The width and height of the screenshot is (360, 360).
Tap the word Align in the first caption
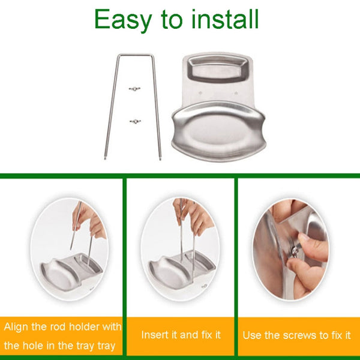coord(17,327)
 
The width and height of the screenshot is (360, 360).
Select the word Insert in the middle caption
coord(155,334)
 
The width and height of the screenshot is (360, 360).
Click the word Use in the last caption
coord(253,335)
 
